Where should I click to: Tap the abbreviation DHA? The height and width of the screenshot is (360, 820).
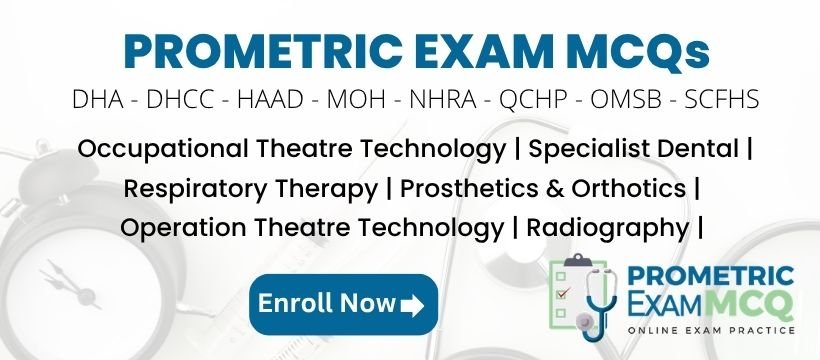[98, 99]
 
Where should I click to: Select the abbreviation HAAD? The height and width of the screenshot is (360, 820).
[270, 99]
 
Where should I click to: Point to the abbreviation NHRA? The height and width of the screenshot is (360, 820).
[442, 99]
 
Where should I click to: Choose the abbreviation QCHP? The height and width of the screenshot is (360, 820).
[533, 99]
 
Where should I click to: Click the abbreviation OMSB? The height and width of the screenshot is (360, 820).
[626, 99]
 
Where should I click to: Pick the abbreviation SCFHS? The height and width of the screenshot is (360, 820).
[722, 99]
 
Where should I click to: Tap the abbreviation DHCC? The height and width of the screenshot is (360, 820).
[180, 99]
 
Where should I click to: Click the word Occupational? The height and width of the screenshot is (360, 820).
[163, 150]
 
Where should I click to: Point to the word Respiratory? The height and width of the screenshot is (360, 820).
[196, 189]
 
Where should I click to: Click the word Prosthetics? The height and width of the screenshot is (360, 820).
[465, 188]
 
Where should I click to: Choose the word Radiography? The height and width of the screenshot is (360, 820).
[608, 229]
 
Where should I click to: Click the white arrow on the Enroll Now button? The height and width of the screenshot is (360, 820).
[412, 306]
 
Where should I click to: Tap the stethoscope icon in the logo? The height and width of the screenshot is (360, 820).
[595, 302]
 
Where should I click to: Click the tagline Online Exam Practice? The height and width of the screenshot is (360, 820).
[711, 330]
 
